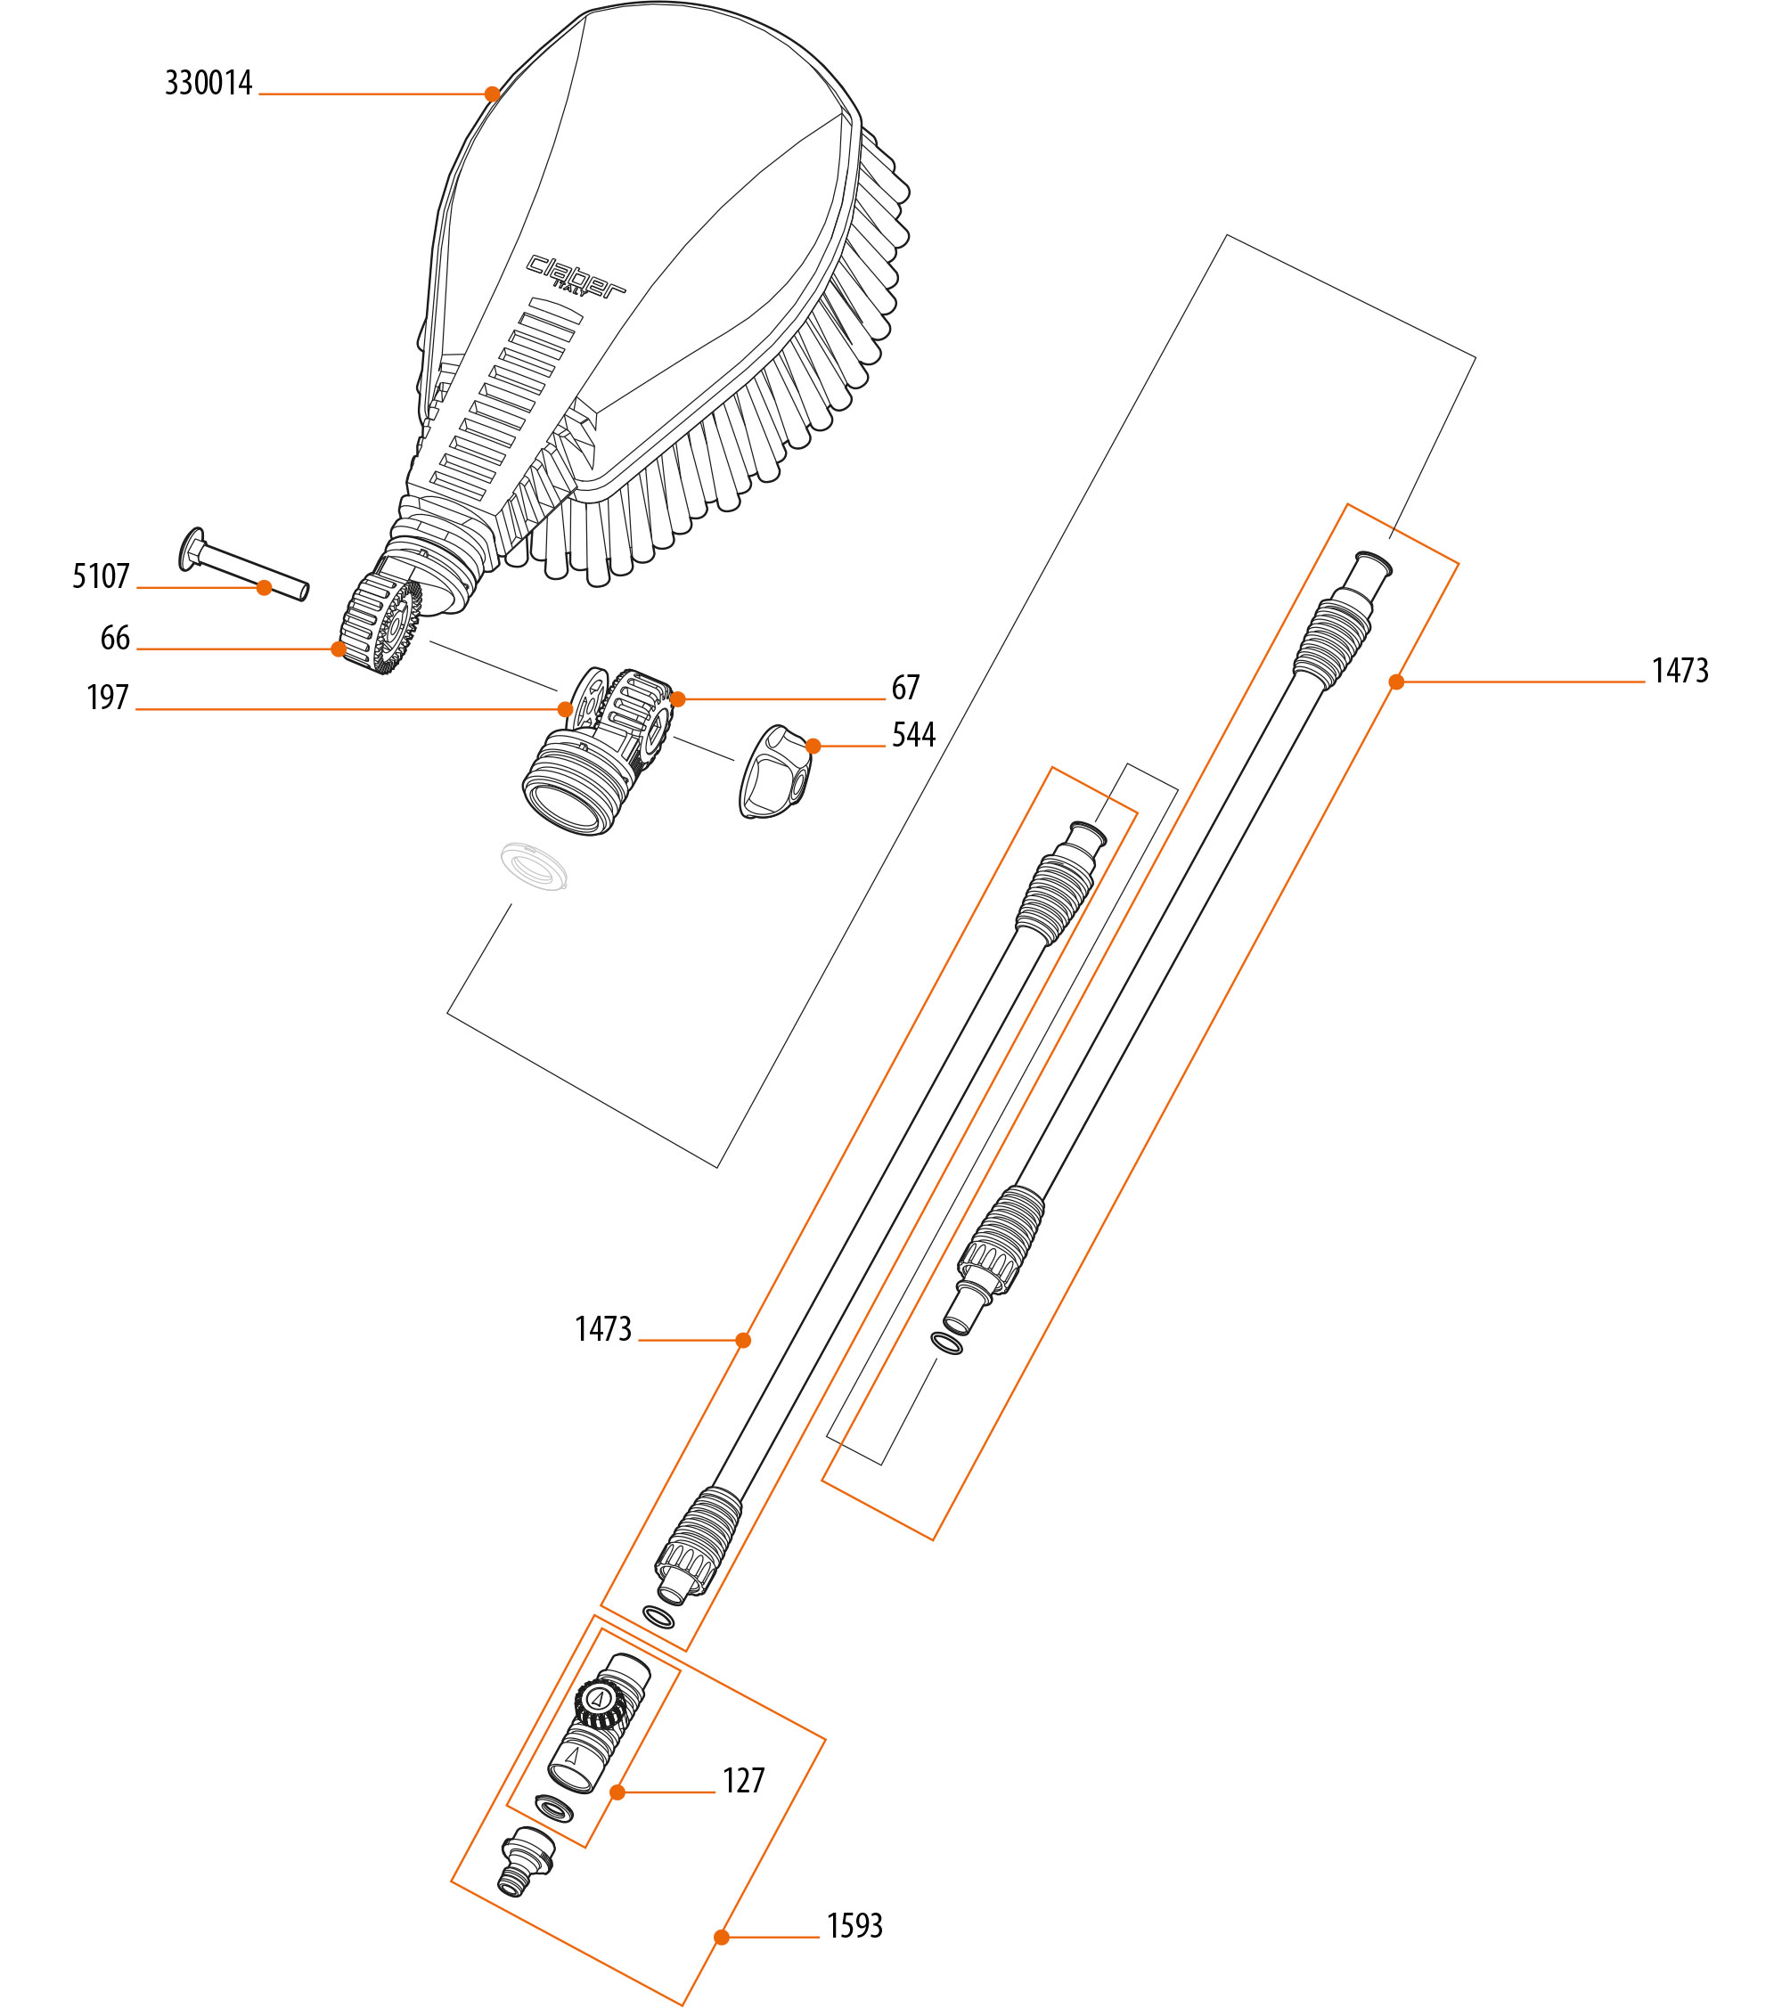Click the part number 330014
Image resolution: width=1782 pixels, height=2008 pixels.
208,83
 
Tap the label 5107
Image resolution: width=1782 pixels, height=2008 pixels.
102,575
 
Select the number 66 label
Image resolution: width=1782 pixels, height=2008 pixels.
115,638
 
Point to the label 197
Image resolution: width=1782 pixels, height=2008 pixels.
108,697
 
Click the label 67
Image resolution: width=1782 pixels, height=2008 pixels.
906,687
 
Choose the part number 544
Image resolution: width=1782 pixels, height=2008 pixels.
913,734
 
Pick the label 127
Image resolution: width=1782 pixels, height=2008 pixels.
744,1780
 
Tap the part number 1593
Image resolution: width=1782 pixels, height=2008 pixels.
854,1925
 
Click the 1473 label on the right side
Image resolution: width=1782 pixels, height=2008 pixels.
1680,670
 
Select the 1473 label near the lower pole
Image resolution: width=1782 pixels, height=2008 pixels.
603,1328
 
